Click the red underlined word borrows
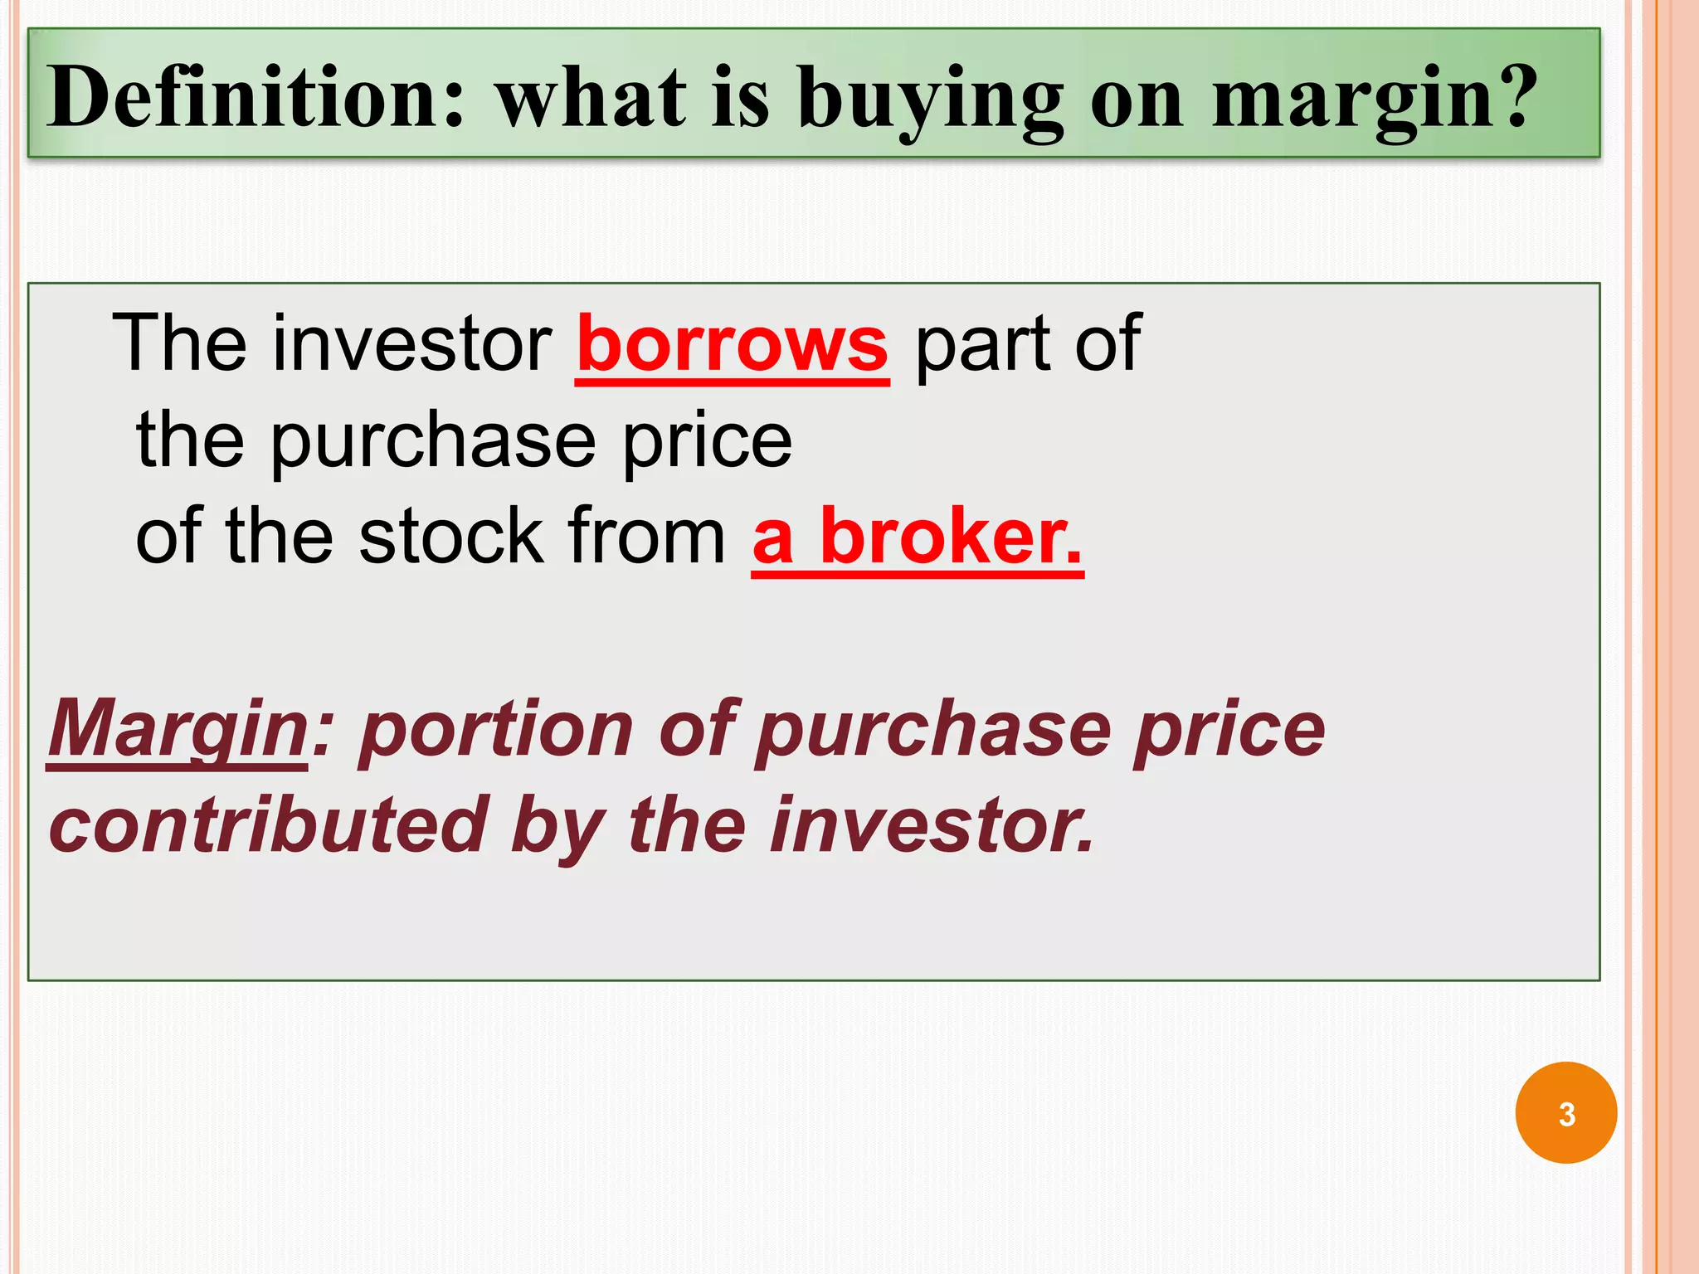pyautogui.click(x=732, y=344)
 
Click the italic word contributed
pyautogui.click(x=268, y=824)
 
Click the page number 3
pyautogui.click(x=1565, y=1113)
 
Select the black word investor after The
pyautogui.click(x=411, y=344)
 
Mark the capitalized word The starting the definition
pyautogui.click(x=179, y=344)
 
